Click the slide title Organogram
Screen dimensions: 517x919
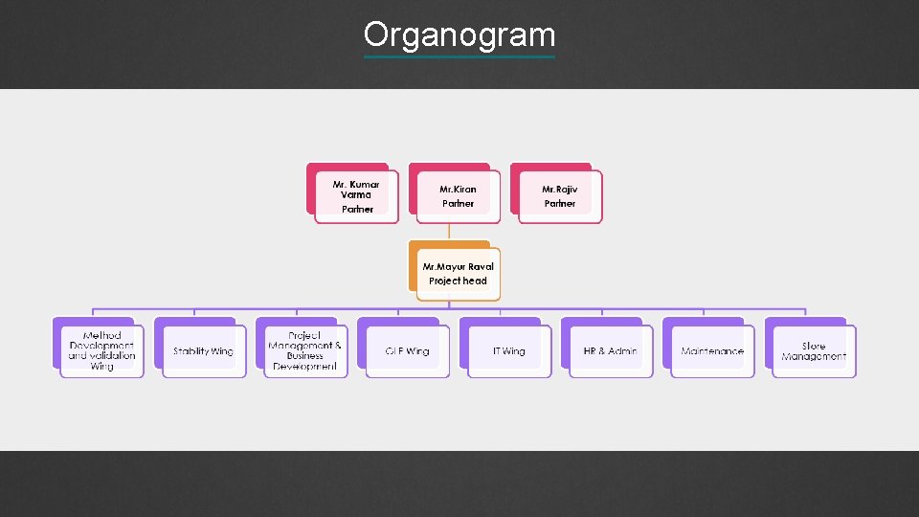[x=459, y=34]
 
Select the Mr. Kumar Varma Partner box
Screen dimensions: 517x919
[x=356, y=196]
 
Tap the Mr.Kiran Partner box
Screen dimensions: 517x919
[x=458, y=196]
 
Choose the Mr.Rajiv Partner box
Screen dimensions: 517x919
[x=560, y=196]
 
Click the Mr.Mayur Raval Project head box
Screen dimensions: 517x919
[x=458, y=274]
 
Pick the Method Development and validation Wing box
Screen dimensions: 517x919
[x=101, y=351]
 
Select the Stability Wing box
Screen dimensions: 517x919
[x=203, y=351]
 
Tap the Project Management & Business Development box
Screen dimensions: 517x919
[x=304, y=351]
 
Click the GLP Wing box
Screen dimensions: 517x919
[x=407, y=351]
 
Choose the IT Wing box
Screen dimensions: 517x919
[x=508, y=351]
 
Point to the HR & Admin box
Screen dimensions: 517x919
[x=610, y=351]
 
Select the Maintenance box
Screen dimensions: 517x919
[x=712, y=351]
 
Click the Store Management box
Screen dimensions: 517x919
[x=814, y=351]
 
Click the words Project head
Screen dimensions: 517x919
[x=458, y=281]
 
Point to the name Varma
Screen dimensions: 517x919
[x=356, y=195]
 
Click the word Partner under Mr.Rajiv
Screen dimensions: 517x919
[x=560, y=204]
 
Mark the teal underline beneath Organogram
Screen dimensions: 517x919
[x=459, y=56]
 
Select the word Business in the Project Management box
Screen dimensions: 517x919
[x=304, y=356]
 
